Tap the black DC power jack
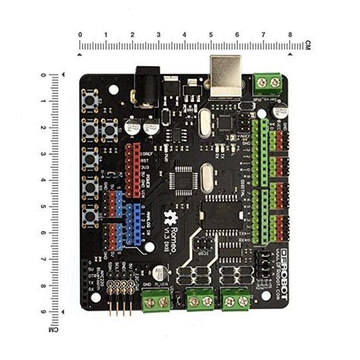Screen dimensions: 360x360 point(146,84)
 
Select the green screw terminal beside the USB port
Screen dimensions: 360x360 point(267,81)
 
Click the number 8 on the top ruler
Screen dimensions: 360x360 point(290,35)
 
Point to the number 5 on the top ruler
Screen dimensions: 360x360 point(211,35)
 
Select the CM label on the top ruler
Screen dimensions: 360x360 point(308,45)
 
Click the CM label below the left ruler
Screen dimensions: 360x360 point(54,330)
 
